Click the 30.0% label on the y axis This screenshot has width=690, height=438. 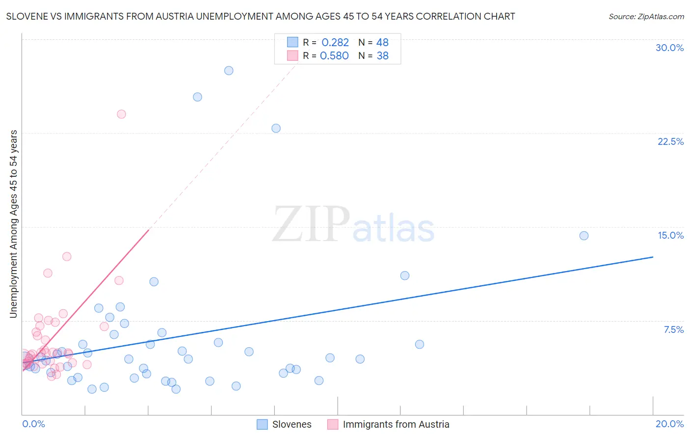pyautogui.click(x=669, y=48)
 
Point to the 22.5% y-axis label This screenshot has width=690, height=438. pyautogui.click(x=670, y=141)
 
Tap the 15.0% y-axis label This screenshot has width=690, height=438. pyautogui.click(x=670, y=235)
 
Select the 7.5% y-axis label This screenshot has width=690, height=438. pyautogui.click(x=673, y=329)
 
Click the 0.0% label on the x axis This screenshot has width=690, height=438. pyautogui.click(x=33, y=424)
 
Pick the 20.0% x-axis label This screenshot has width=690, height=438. pyautogui.click(x=669, y=424)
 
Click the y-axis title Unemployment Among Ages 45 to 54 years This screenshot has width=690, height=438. pyautogui.click(x=14, y=224)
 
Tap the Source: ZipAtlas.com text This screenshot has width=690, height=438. pyautogui.click(x=646, y=16)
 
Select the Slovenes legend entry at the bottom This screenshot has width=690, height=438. pyautogui.click(x=292, y=424)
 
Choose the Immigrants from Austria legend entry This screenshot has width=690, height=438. pyautogui.click(x=396, y=424)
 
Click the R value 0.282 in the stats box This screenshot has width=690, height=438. pyautogui.click(x=335, y=43)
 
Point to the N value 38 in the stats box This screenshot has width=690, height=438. pyautogui.click(x=382, y=56)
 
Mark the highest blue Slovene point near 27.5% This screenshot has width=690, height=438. pyautogui.click(x=229, y=71)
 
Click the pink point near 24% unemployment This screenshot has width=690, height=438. pyautogui.click(x=121, y=114)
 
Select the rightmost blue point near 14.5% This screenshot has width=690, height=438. pyautogui.click(x=584, y=236)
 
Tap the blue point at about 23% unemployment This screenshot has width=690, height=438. pyautogui.click(x=276, y=128)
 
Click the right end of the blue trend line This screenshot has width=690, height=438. pyautogui.click(x=653, y=257)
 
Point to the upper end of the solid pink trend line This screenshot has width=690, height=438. pyautogui.click(x=148, y=229)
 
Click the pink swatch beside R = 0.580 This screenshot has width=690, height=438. pyautogui.click(x=292, y=55)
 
